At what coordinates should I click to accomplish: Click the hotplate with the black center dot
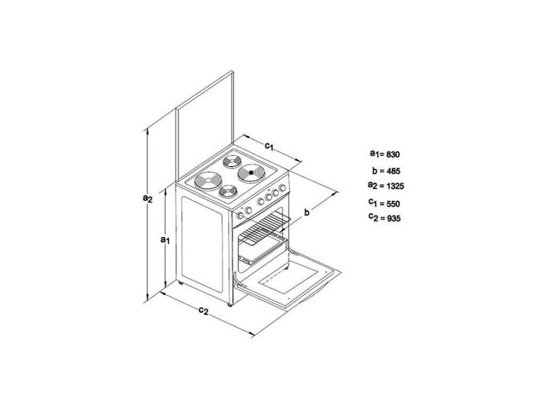tap(250, 172)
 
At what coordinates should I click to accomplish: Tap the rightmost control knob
tap(282, 189)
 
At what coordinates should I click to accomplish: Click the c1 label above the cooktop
tap(269, 145)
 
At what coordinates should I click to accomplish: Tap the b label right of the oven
tap(307, 212)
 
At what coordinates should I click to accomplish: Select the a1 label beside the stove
tap(165, 240)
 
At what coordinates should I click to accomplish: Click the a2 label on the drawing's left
tap(148, 198)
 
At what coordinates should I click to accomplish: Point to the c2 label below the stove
tap(203, 310)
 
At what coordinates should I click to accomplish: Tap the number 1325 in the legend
tap(395, 186)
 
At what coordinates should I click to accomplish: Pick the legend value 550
tap(392, 203)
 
